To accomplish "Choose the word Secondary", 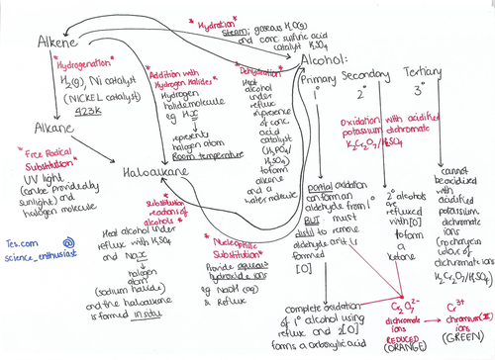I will click(369, 77).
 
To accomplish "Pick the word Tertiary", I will click(427, 74).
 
